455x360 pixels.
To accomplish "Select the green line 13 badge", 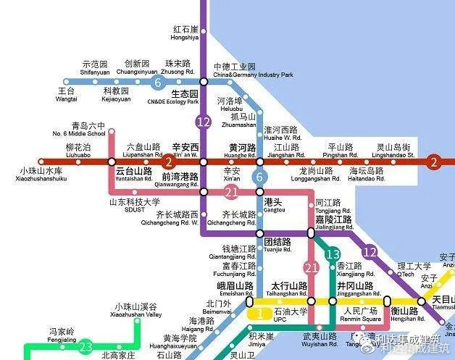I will tap(333, 254).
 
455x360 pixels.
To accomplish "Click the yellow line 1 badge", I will tap(259, 314).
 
